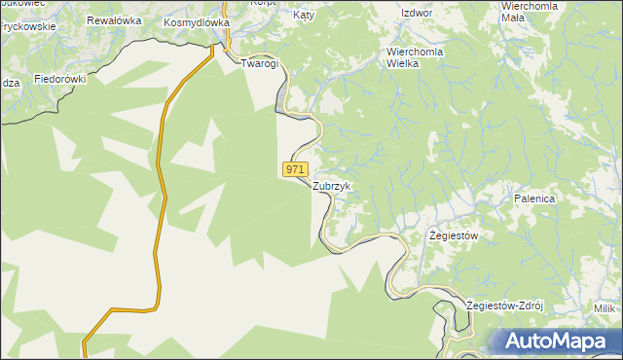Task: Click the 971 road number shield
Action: click(x=296, y=169)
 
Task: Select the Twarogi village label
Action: click(x=260, y=63)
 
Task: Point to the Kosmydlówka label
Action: click(x=196, y=21)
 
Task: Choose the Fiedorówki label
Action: click(x=60, y=79)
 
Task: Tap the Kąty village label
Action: click(x=306, y=17)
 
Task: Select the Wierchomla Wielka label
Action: click(x=417, y=56)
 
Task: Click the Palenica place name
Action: click(x=534, y=198)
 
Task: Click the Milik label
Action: click(x=606, y=308)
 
